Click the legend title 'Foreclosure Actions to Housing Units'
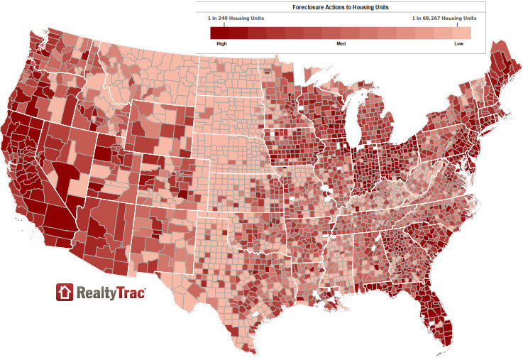(x=341, y=6)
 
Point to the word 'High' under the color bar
(x=221, y=44)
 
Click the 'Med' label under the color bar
(x=341, y=44)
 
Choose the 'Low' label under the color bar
(x=460, y=44)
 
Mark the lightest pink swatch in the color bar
(x=461, y=33)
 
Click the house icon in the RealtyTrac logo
(x=65, y=292)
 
